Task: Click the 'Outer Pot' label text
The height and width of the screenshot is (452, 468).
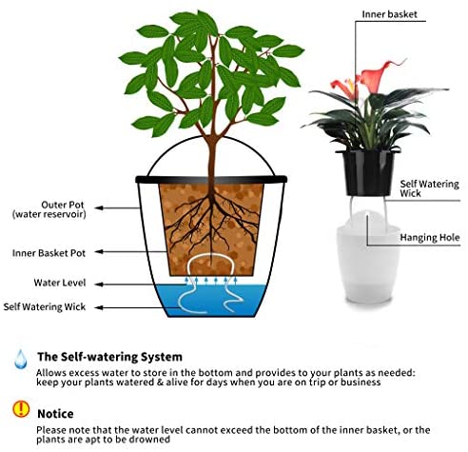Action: point(63,205)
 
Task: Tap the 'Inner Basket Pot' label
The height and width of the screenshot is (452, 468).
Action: point(49,253)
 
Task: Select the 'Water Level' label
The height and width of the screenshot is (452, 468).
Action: point(60,283)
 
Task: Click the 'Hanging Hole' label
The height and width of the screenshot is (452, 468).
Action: point(430,238)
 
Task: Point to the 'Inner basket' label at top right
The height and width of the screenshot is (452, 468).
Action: point(389,14)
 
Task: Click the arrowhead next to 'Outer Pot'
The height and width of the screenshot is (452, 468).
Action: point(99,208)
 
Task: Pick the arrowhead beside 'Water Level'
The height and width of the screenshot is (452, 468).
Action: point(99,285)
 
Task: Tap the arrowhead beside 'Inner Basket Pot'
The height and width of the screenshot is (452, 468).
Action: point(99,251)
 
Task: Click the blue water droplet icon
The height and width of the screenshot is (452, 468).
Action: point(21,359)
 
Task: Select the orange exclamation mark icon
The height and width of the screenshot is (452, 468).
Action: point(21,409)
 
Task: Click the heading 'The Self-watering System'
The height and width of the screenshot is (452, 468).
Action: point(109,357)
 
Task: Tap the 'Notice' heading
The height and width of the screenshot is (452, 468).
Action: point(55,414)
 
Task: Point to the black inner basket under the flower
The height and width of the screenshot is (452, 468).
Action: point(368,173)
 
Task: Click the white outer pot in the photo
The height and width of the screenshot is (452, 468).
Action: point(368,264)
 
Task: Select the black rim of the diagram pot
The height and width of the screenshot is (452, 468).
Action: point(211,179)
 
